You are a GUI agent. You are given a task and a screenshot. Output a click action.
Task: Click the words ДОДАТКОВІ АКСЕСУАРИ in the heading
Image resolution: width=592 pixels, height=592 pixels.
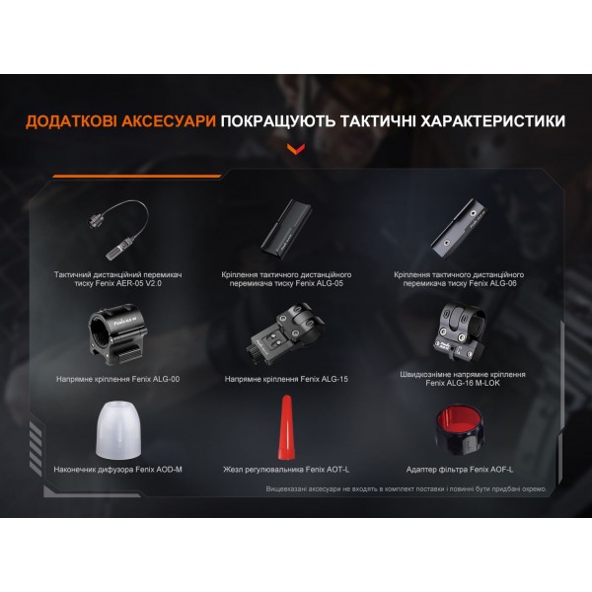point(121,121)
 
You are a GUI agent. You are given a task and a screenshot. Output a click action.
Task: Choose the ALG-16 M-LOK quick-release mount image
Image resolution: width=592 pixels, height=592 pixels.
point(457,332)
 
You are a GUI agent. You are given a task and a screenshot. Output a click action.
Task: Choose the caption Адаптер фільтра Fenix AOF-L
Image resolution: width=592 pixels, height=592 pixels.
point(457,469)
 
